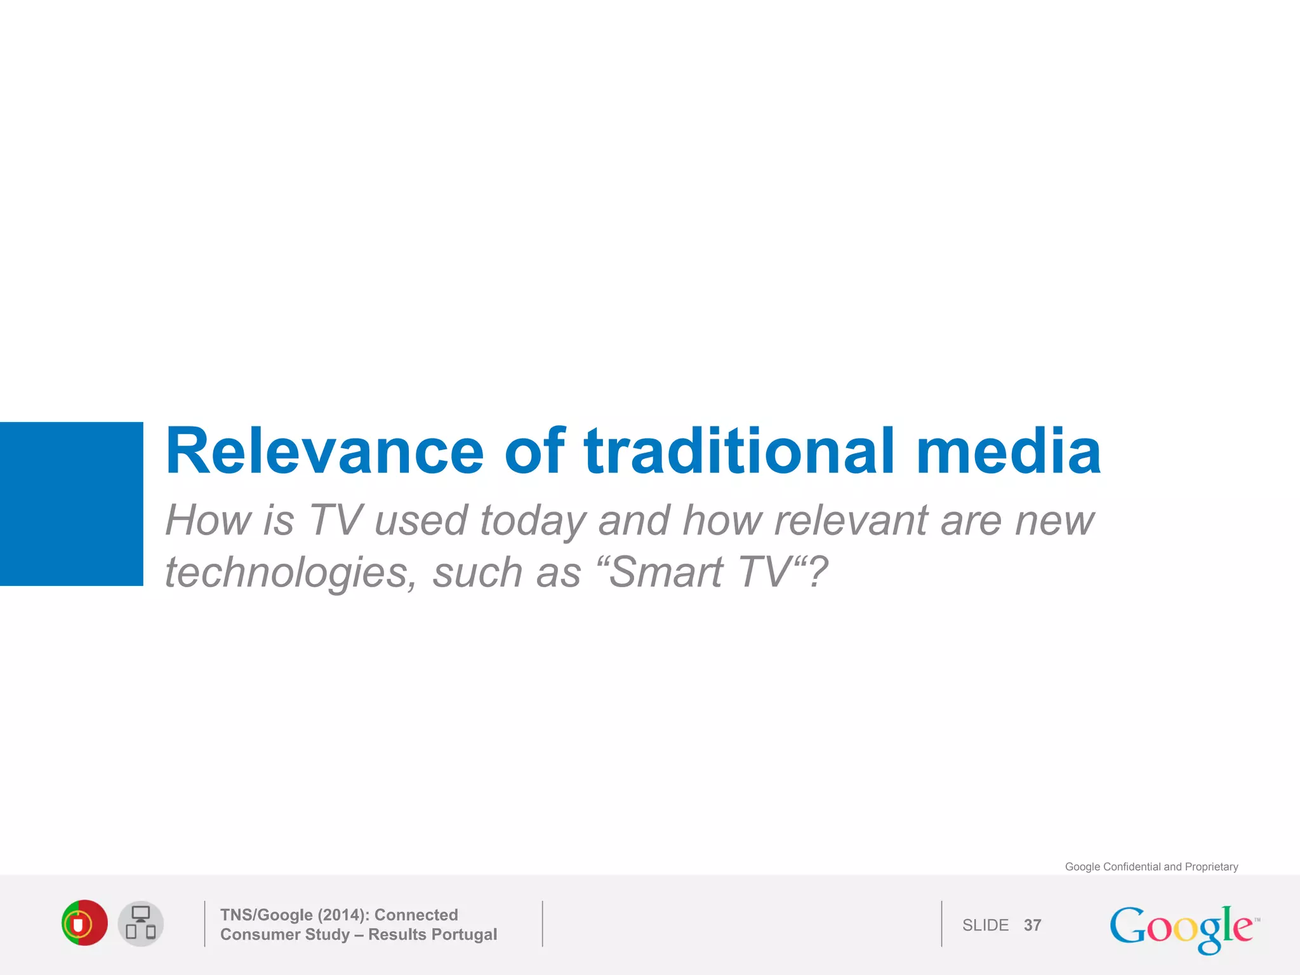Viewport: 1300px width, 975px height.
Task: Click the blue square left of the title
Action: pyautogui.click(x=71, y=503)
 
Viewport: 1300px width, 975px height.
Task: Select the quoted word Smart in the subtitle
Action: pyautogui.click(x=666, y=573)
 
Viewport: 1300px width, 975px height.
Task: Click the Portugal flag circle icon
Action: pyautogui.click(x=84, y=923)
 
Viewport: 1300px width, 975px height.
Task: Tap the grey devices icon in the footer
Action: pyautogui.click(x=141, y=924)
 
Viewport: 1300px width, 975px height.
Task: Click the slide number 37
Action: pyautogui.click(x=1032, y=925)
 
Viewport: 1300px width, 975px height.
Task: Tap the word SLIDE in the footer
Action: pyautogui.click(x=985, y=925)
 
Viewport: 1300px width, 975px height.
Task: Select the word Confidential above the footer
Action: pyautogui.click(x=1132, y=867)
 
